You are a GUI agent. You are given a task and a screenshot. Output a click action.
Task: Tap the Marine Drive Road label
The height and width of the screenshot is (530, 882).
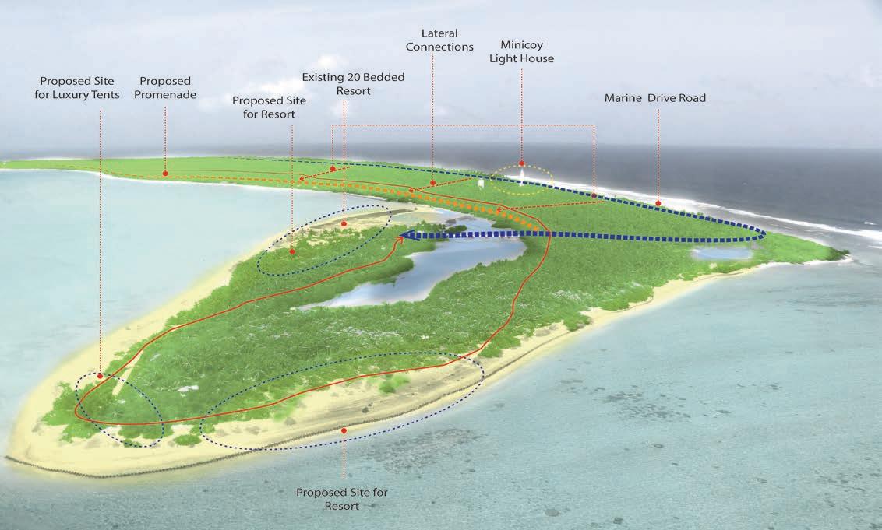(654, 98)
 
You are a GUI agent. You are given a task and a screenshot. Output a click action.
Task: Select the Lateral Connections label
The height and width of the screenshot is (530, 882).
(439, 40)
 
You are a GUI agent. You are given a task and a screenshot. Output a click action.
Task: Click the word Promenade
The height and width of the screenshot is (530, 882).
(166, 94)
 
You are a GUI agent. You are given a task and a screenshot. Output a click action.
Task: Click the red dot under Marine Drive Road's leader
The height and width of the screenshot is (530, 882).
(658, 203)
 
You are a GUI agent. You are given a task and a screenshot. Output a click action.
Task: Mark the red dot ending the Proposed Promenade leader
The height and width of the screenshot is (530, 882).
(165, 173)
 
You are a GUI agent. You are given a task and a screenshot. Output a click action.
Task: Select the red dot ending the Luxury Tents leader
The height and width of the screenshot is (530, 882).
(101, 375)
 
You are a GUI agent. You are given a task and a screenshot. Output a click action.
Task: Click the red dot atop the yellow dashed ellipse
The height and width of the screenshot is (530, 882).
(521, 163)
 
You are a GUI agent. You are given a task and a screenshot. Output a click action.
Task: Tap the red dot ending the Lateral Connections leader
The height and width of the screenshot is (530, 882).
(432, 183)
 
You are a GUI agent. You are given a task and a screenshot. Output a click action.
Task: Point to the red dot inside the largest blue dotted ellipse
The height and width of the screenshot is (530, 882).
(344, 430)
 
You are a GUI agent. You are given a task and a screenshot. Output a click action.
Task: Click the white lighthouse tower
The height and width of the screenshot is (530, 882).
(520, 176)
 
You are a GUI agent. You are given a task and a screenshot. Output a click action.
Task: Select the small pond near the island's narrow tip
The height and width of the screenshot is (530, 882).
(721, 253)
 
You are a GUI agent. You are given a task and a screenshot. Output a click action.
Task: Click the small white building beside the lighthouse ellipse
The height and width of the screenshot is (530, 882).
(482, 184)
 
